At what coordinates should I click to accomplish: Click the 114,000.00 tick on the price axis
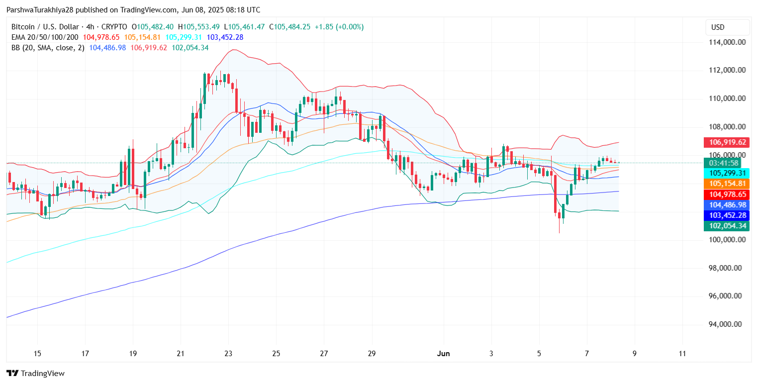(727, 42)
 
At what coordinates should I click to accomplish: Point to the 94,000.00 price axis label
(727, 324)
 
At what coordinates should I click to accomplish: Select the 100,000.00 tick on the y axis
(727, 240)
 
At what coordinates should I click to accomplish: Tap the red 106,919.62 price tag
(727, 142)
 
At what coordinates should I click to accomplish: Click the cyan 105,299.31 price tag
(727, 173)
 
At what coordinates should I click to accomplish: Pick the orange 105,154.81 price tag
(727, 184)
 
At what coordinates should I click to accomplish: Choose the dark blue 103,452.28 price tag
(727, 215)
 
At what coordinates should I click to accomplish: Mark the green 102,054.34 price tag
(727, 226)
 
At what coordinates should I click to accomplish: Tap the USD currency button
(727, 27)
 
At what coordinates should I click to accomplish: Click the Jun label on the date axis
(443, 354)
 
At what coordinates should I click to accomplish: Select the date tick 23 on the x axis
(228, 354)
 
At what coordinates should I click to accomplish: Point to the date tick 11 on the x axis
(682, 354)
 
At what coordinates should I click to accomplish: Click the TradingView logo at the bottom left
(35, 373)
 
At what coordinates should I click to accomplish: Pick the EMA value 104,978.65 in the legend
(101, 37)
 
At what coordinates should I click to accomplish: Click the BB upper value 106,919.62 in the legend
(149, 48)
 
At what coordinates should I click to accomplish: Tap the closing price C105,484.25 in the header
(297, 27)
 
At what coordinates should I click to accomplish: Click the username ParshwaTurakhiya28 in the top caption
(39, 10)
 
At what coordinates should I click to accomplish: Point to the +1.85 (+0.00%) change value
(345, 27)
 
